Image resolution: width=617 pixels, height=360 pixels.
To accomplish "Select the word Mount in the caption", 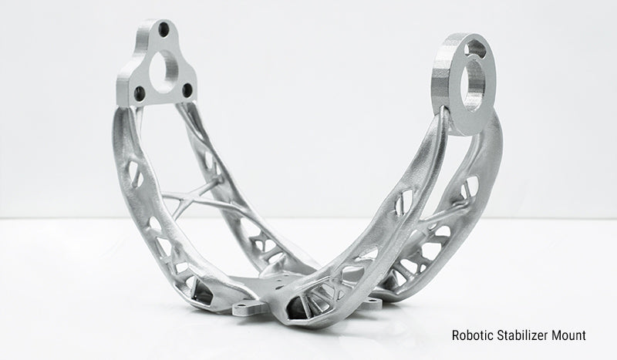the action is [x=568, y=335].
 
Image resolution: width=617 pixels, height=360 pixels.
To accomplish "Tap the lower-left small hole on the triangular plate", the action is [x=140, y=94].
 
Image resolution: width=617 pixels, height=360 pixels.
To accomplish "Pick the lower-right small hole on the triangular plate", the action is [x=187, y=90].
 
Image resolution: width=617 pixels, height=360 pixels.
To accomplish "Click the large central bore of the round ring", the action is [x=474, y=86].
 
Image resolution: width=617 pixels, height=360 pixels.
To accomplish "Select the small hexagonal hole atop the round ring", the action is [x=474, y=49].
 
